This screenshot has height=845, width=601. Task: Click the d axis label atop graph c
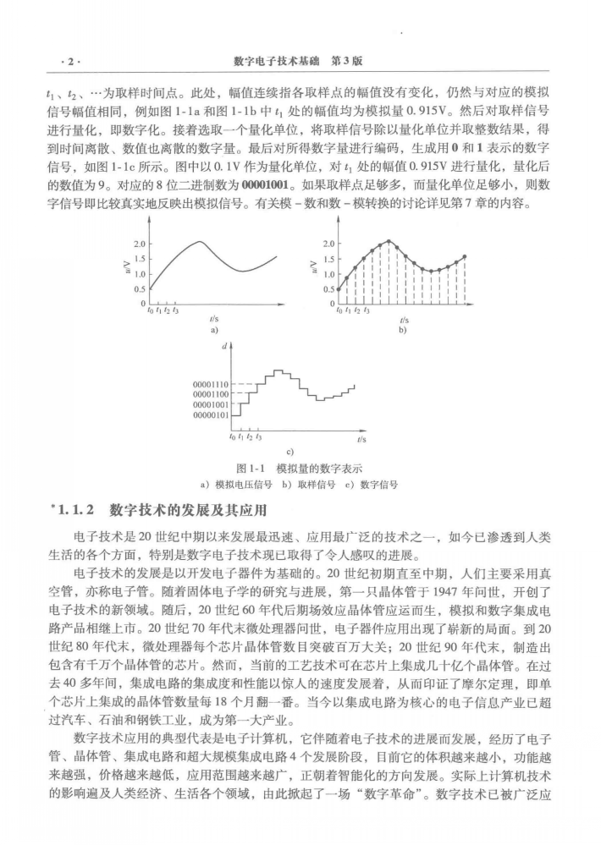[226, 346]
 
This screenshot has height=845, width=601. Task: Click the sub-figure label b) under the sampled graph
[403, 329]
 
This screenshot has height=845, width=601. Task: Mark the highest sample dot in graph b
[389, 242]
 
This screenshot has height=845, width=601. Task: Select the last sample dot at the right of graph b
[465, 256]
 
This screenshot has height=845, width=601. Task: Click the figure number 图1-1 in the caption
[251, 469]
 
